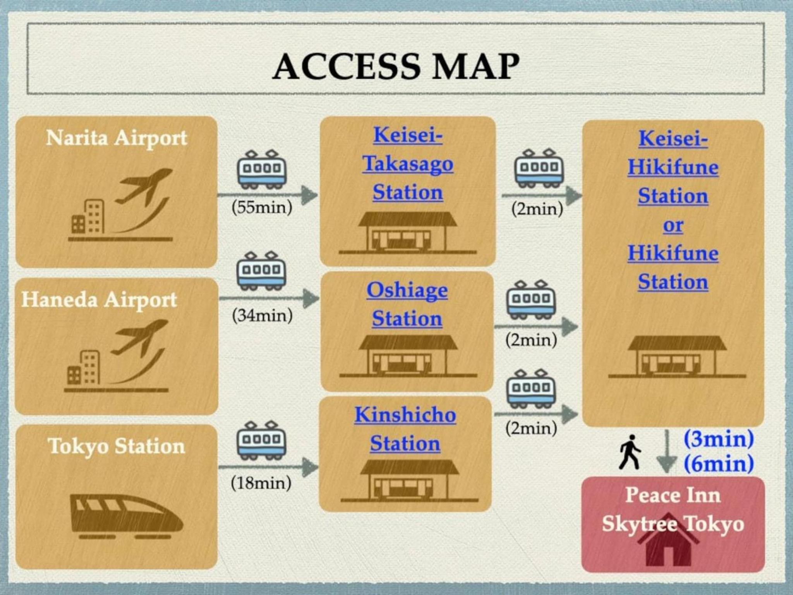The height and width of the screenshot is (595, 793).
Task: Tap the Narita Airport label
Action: tap(117, 138)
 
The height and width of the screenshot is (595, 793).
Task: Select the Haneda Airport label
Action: tap(99, 300)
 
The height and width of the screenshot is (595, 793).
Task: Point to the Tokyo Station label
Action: tap(117, 446)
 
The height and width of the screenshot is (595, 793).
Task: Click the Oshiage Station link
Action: tap(407, 304)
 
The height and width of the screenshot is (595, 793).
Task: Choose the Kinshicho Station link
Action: tap(405, 429)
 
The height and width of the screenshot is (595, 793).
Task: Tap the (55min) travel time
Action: tap(262, 208)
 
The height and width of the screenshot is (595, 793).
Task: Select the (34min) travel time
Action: tap(262, 316)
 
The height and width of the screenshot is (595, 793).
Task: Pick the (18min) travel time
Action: tap(261, 483)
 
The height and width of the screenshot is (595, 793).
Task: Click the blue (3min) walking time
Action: tap(719, 439)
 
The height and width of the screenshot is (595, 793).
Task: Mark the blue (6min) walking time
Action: tap(719, 464)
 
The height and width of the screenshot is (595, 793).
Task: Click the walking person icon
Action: tap(630, 452)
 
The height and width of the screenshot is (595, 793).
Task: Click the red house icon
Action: tap(668, 540)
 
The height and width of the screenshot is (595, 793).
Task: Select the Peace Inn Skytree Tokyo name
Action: tap(673, 509)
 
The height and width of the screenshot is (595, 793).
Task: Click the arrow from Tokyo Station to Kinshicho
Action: tap(268, 467)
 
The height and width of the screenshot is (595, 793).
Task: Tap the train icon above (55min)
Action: tap(262, 169)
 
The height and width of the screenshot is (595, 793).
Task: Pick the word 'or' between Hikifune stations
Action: tap(673, 225)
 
